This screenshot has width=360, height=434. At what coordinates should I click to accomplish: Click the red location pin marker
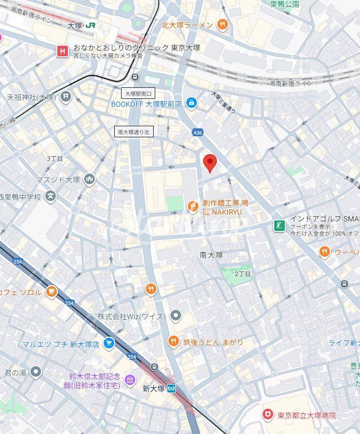pyautogui.click(x=210, y=163)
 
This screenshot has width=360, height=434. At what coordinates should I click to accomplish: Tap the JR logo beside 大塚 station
pyautogui.click(x=91, y=25)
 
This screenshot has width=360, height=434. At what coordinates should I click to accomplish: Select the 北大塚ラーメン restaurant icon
pyautogui.click(x=223, y=24)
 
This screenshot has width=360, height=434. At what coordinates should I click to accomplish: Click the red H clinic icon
pyautogui.click(x=63, y=51)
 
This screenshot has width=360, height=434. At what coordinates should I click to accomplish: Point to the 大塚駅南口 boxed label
pyautogui.click(x=138, y=94)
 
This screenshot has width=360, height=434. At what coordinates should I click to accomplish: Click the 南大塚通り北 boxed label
pyautogui.click(x=134, y=132)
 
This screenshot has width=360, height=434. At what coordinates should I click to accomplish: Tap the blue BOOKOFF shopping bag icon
pyautogui.click(x=191, y=104)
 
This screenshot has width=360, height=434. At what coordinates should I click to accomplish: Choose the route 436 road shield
pyautogui.click(x=197, y=132)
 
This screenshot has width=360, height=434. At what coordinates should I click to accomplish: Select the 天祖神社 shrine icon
pyautogui.click(x=65, y=96)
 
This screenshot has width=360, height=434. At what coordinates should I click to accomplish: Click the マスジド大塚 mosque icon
pyautogui.click(x=89, y=179)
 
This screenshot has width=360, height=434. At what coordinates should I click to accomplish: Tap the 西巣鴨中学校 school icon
pyautogui.click(x=51, y=197)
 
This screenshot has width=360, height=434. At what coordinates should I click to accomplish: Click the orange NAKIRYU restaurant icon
pyautogui.click(x=194, y=207)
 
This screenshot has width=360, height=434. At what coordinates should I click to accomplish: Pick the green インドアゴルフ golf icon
pyautogui.click(x=279, y=226)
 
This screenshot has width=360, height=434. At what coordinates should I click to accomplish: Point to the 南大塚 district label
pyautogui.click(x=211, y=255)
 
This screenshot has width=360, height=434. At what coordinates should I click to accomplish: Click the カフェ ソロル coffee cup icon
pyautogui.click(x=51, y=291)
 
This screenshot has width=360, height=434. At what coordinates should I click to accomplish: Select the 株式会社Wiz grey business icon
pyautogui.click(x=176, y=316)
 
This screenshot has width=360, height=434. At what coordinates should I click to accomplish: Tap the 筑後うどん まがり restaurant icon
pyautogui.click(x=174, y=342)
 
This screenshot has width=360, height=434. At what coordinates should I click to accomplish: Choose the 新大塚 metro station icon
pyautogui.click(x=172, y=388)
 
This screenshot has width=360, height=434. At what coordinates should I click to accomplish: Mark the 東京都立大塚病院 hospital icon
pyautogui.click(x=268, y=415)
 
